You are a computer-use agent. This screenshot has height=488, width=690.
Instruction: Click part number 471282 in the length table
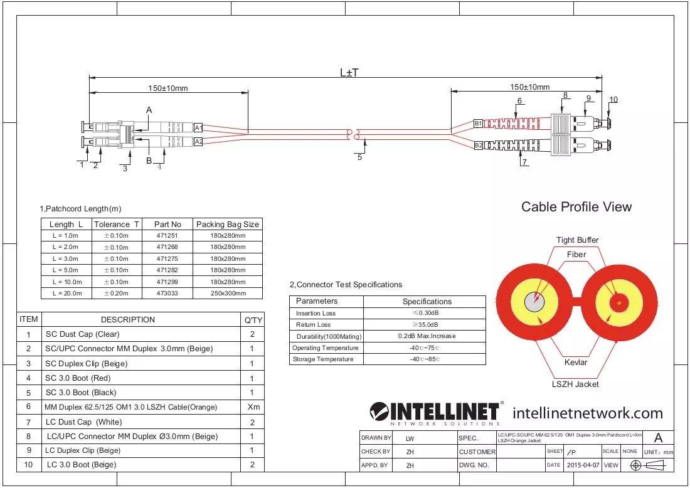point(167,270)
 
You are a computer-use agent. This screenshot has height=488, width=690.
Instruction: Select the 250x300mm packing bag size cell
point(228,293)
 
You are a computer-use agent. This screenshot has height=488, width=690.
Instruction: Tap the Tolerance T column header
point(117,225)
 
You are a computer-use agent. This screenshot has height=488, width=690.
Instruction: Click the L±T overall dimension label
point(349,73)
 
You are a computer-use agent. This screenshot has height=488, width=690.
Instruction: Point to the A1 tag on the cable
point(198,127)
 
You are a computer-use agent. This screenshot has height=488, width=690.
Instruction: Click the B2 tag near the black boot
point(479,146)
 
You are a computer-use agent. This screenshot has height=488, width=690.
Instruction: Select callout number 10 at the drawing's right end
point(613,100)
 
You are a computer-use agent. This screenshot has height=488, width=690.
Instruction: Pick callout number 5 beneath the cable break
point(359,157)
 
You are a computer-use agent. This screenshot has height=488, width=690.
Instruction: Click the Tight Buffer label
point(577,240)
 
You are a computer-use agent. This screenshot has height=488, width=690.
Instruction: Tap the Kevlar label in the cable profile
point(576,362)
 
